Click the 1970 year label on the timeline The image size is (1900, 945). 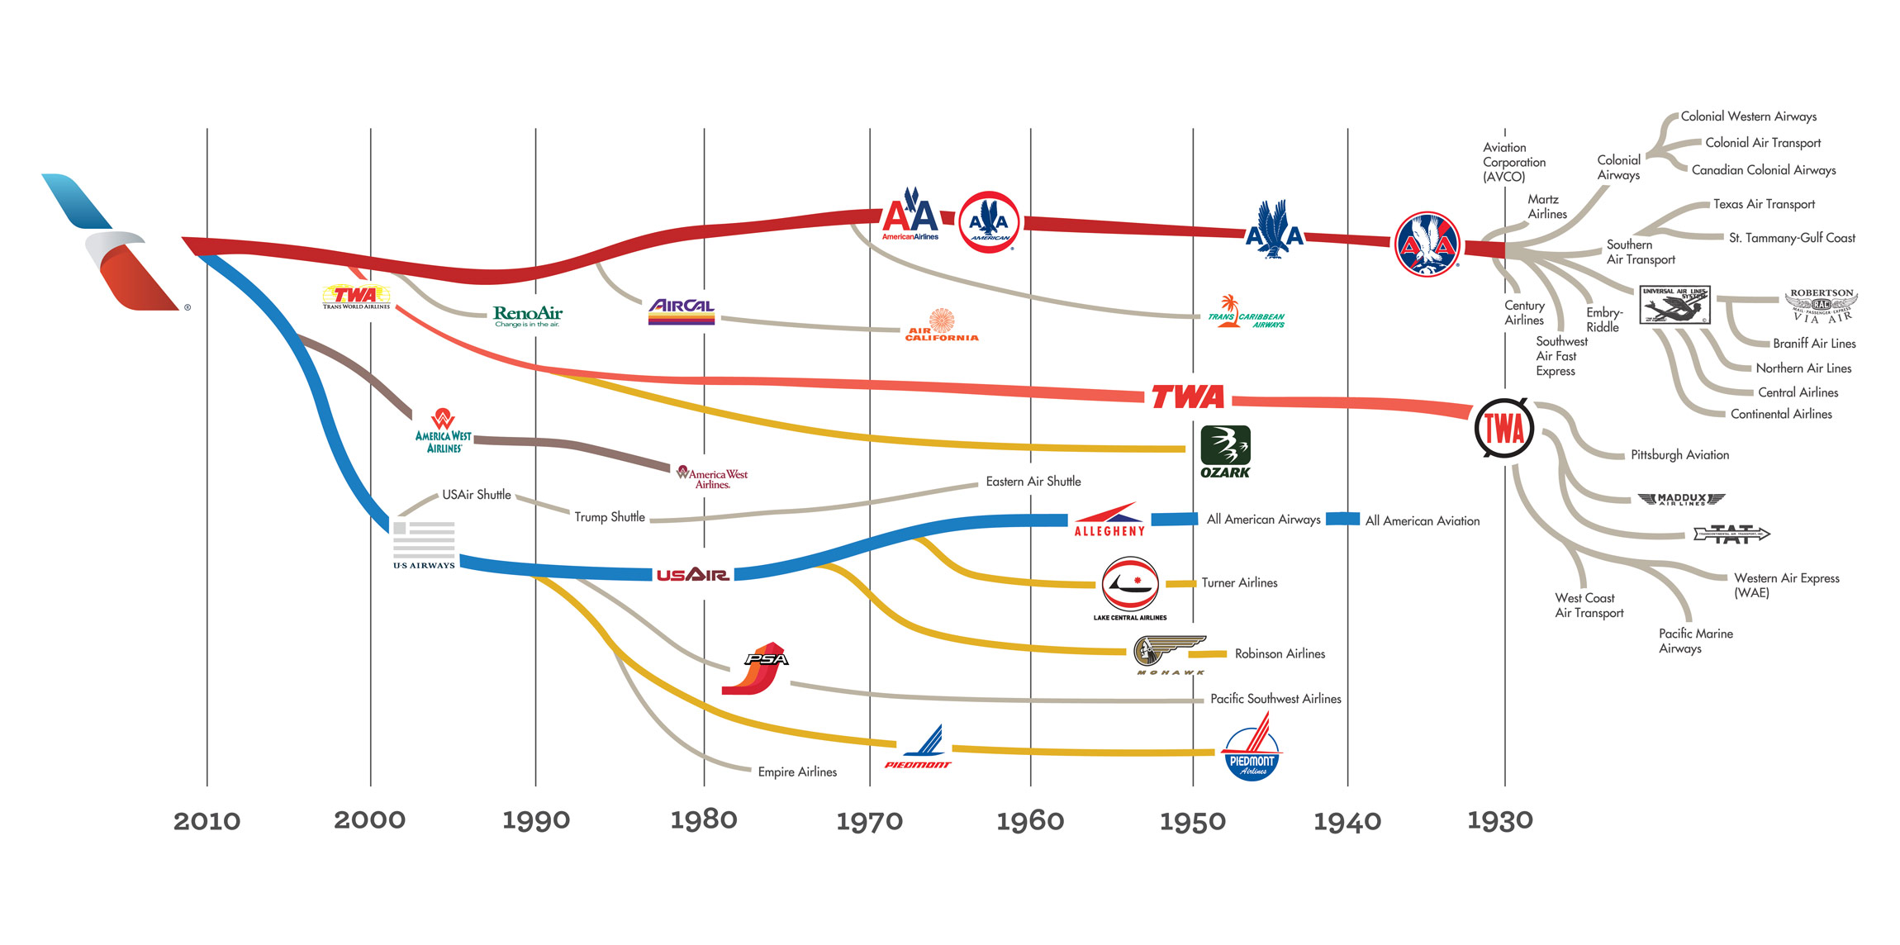pos(869,821)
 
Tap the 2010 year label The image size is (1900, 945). pos(207,821)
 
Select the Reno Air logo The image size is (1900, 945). pos(527,316)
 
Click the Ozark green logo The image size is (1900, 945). pos(1225,451)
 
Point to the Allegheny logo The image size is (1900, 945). pos(1109,520)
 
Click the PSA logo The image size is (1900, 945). pos(756,668)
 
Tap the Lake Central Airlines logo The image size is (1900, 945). pos(1130,588)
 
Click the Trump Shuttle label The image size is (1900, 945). pos(610,517)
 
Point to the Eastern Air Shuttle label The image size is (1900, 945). pos(1033,482)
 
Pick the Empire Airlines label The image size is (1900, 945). pos(797,772)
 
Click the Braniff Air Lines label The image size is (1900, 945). pos(1814,344)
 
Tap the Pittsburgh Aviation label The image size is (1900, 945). pos(1679,455)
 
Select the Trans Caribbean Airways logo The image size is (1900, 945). pos(1247,313)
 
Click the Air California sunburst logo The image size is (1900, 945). pos(942,325)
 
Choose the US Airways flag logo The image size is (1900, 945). pos(424,544)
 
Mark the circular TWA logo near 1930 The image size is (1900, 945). pos(1504,428)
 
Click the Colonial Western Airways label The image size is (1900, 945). pos(1748,116)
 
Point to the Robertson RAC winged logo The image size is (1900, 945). pos(1821,306)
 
